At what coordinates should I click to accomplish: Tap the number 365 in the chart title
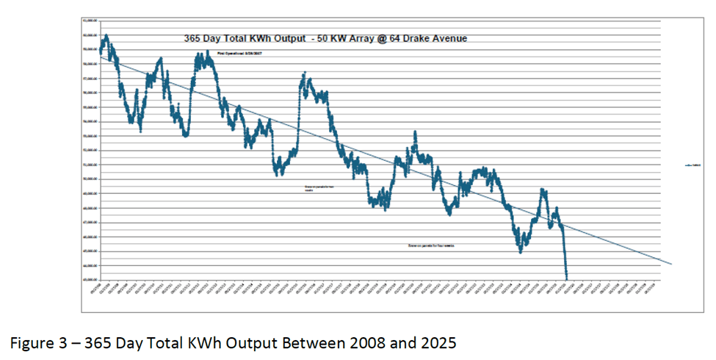click(x=192, y=38)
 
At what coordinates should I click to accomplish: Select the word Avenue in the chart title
click(x=447, y=38)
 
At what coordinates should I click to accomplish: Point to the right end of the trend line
click(x=670, y=263)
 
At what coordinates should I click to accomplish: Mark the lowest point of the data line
click(x=567, y=278)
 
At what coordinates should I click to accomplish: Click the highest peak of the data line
click(x=106, y=35)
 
